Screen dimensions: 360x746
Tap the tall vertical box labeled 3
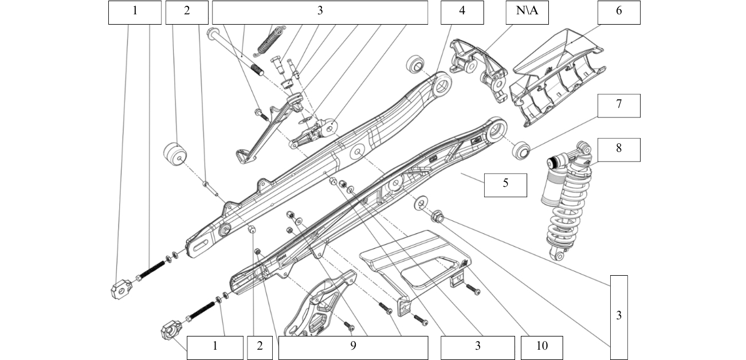[618, 317]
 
